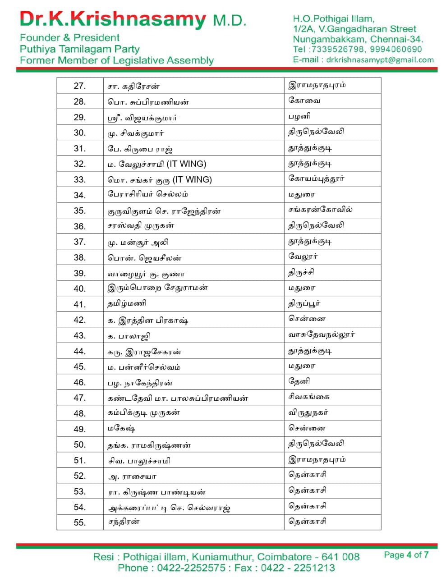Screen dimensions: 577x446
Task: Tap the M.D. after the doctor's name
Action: pyautogui.click(x=230, y=20)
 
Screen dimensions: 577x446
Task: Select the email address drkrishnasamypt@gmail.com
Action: pyautogui.click(x=380, y=60)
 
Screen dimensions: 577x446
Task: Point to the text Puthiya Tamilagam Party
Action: pyautogui.click(x=79, y=49)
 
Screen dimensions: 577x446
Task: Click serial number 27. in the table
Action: pyautogui.click(x=80, y=86)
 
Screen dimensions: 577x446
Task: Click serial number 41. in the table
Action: pyautogui.click(x=80, y=304)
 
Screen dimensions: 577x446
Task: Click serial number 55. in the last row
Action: pyautogui.click(x=80, y=522)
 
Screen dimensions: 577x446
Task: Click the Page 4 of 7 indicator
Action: pyautogui.click(x=406, y=555)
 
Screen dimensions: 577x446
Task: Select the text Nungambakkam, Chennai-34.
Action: pyautogui.click(x=358, y=39)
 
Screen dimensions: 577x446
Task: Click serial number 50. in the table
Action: pyautogui.click(x=80, y=444)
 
